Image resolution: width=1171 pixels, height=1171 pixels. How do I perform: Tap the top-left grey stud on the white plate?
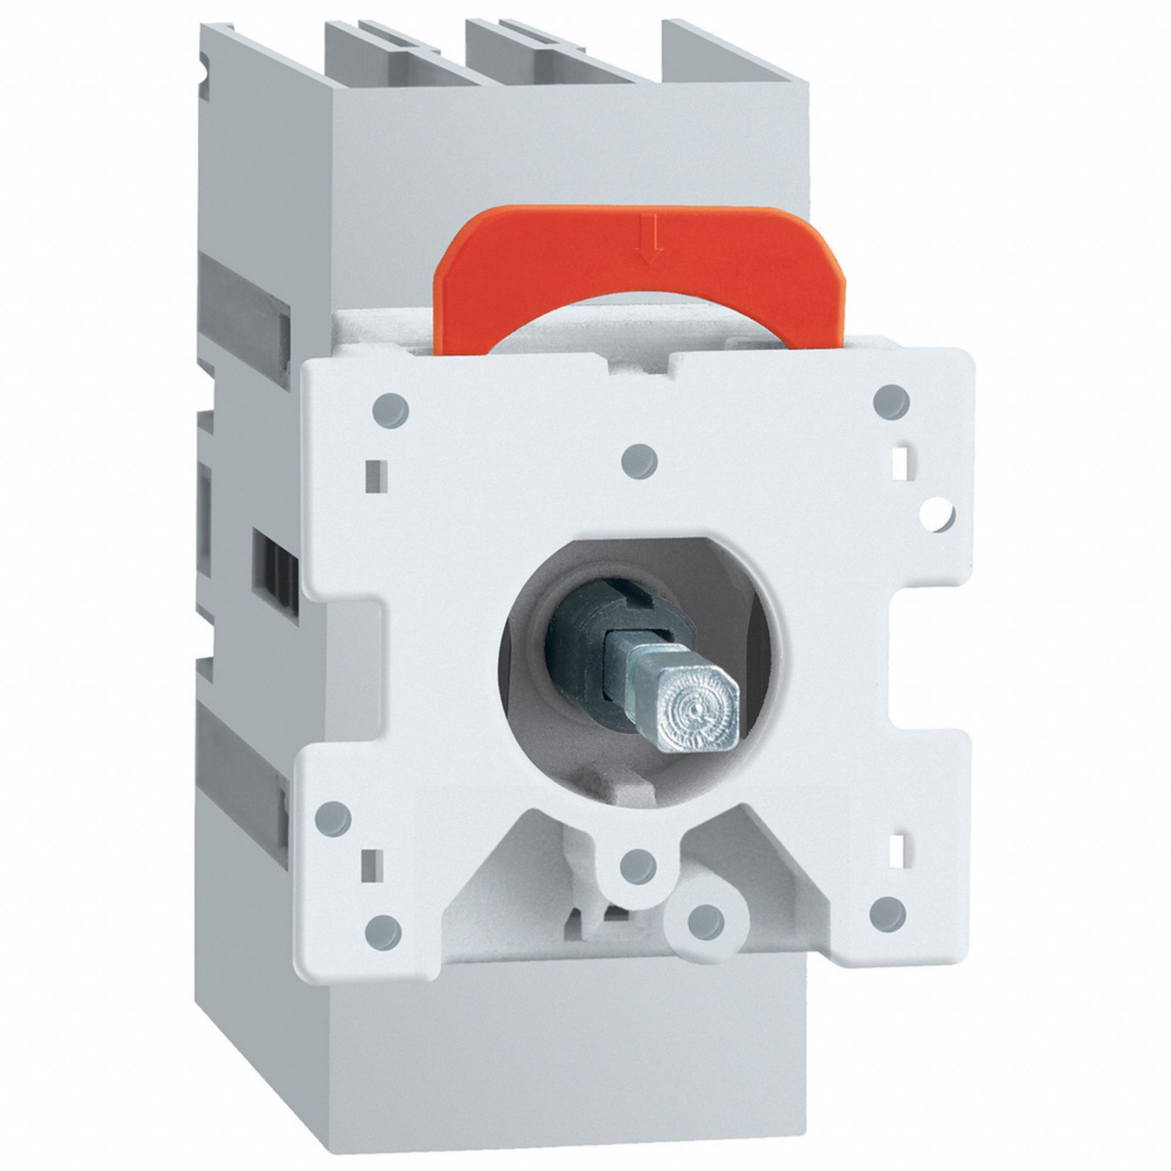(391, 410)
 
